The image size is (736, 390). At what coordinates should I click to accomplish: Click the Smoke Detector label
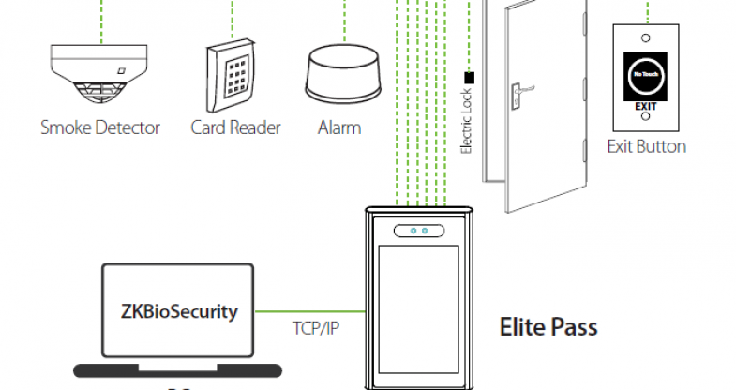(100, 127)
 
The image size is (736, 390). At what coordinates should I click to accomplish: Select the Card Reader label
(235, 127)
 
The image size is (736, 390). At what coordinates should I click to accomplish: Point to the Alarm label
(339, 127)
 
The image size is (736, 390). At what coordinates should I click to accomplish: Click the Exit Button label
(646, 146)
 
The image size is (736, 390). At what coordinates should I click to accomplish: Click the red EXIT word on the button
(646, 108)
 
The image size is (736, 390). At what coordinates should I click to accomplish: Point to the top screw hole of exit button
(646, 37)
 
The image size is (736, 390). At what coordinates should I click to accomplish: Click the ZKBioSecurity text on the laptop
(179, 311)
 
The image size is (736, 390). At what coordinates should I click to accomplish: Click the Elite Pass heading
(548, 328)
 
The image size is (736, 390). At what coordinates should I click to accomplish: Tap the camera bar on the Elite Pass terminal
(417, 230)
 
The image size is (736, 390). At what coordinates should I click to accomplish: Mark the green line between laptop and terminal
(309, 310)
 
